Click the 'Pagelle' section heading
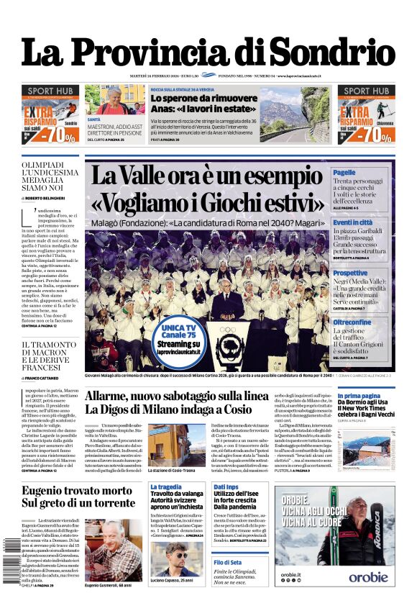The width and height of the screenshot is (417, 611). tap(344, 173)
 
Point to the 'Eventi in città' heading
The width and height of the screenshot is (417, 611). tap(352, 222)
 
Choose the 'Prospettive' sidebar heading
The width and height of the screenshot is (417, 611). tap(350, 273)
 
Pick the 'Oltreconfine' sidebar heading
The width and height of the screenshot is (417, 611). tap(352, 322)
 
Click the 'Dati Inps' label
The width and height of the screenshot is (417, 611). tap(225, 487)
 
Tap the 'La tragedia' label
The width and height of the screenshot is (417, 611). tap(165, 487)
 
